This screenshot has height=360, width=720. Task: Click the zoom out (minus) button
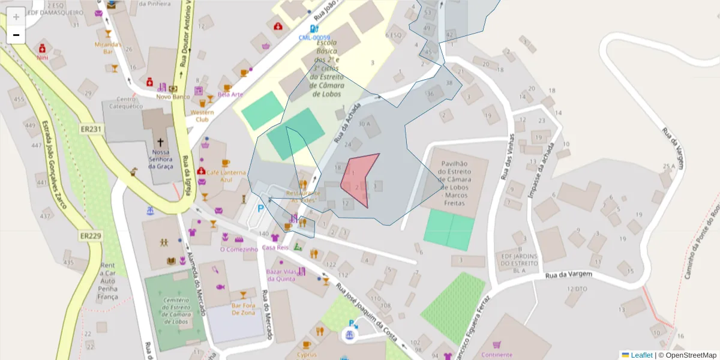[x=16, y=35]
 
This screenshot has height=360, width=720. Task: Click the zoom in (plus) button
[x=16, y=17]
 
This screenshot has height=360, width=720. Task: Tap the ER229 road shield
[x=90, y=236]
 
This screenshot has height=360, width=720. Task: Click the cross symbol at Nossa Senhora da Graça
[x=160, y=143]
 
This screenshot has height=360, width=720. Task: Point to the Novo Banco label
[x=173, y=97]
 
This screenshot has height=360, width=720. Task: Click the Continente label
[x=496, y=355]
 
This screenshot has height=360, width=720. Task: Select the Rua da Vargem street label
[x=568, y=275]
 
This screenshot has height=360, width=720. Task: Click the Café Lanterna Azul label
[x=227, y=176]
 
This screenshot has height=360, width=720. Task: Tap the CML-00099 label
[x=314, y=37]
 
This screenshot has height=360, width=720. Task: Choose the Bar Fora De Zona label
[x=244, y=309]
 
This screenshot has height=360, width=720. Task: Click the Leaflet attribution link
[x=641, y=355]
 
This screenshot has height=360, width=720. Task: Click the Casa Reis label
[x=275, y=247]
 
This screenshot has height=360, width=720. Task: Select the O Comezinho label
[x=239, y=249]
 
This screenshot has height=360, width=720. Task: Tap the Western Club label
[x=202, y=115]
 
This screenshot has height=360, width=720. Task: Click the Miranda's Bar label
[x=108, y=48]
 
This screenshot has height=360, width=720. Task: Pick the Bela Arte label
[x=230, y=94]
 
